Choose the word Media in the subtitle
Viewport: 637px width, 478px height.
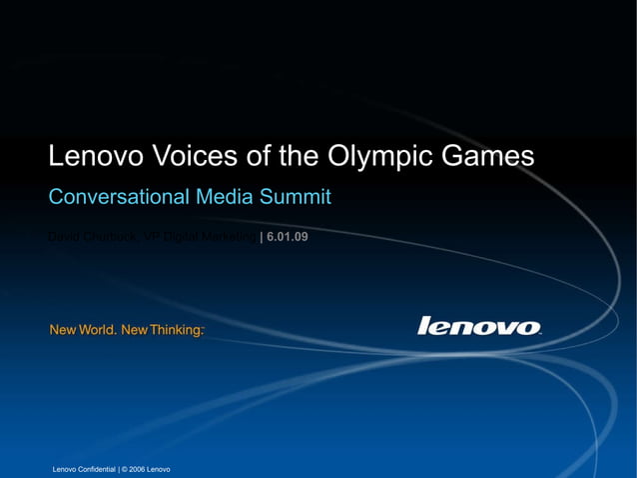[x=226, y=197]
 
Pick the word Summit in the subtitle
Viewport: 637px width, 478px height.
[x=297, y=197]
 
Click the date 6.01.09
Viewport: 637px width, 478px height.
[x=288, y=237]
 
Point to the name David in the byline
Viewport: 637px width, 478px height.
[x=65, y=237]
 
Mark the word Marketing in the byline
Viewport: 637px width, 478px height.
[x=230, y=237]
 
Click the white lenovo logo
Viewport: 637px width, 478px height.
[x=479, y=326]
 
